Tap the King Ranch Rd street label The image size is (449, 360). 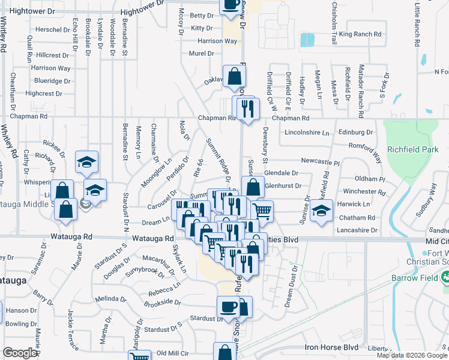[360, 34]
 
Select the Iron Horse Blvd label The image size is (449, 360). [331, 347]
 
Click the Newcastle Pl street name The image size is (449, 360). [321, 162]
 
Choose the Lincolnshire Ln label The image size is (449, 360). [308, 132]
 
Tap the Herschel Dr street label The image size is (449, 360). [53, 29]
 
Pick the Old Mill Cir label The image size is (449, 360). [173, 353]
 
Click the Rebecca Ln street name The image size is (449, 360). [165, 294]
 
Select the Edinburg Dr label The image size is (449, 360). [356, 132]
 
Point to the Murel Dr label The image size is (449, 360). [201, 53]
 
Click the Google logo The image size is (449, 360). [20, 353]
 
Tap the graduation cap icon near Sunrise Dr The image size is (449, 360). [322, 211]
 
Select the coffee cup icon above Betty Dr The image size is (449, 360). [231, 5]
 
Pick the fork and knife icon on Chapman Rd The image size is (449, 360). [247, 108]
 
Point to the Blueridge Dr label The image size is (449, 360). [52, 81]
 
